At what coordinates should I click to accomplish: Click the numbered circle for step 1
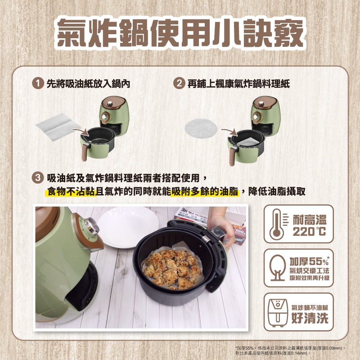[38, 83]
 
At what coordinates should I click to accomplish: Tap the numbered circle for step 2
[179, 83]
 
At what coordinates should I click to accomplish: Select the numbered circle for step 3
[38, 178]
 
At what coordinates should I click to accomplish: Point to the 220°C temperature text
[309, 231]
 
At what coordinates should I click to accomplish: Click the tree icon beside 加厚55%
[278, 268]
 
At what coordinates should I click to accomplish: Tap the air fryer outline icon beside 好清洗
[278, 312]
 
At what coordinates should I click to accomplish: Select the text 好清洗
[310, 318]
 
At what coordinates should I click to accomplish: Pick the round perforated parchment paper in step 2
[201, 129]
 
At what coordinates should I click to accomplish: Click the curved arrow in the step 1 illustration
[81, 131]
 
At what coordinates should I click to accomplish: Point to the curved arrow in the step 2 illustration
[230, 132]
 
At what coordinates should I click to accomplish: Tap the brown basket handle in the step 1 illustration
[85, 152]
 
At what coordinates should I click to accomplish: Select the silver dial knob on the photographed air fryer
[91, 226]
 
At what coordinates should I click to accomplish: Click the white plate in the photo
[128, 227]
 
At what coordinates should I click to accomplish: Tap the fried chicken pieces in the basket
[173, 269]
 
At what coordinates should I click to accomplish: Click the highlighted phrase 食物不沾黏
[71, 192]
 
